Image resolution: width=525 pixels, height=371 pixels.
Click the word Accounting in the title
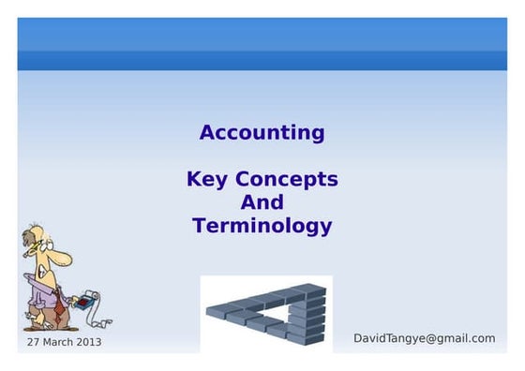[x=262, y=133]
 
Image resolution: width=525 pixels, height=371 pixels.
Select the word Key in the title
[x=207, y=179]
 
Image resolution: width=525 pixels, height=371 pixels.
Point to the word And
[x=262, y=202]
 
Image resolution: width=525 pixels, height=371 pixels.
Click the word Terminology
[x=262, y=226]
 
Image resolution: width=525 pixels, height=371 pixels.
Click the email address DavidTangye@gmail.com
[x=424, y=338]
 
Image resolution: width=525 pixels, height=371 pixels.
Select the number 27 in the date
[x=34, y=342]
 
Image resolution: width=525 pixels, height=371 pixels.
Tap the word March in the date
[x=58, y=342]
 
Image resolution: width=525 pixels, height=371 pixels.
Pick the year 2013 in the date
[x=88, y=342]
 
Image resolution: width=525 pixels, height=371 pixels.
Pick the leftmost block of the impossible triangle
[x=214, y=308]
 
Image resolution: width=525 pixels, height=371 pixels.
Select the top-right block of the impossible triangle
[x=313, y=291]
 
